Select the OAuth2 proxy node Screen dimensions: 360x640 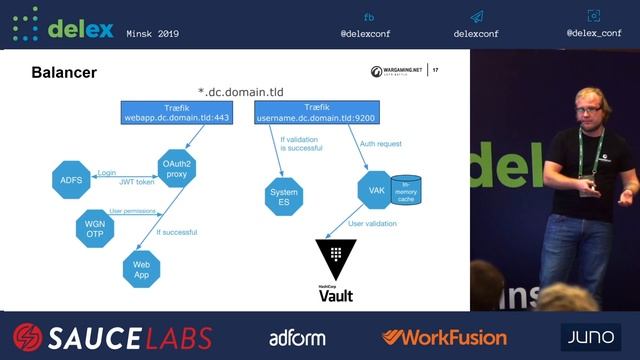tap(177, 167)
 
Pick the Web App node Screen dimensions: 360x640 tap(141, 269)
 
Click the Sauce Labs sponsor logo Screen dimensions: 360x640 tap(112, 337)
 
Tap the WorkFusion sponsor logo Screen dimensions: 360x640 tap(444, 337)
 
